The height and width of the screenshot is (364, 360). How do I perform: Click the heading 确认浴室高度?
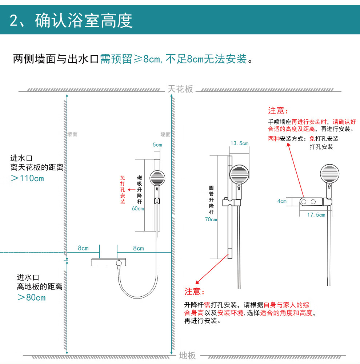[x=84, y=21]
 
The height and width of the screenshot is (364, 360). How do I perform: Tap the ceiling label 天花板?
[x=180, y=89]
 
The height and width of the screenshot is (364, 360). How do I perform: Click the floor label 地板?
[x=187, y=355]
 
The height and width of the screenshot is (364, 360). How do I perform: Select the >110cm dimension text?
[x=27, y=178]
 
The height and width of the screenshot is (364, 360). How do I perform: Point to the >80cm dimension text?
[x=32, y=297]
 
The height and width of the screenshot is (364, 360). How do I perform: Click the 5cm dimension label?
[x=157, y=145]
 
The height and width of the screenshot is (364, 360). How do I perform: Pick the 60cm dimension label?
[x=138, y=209]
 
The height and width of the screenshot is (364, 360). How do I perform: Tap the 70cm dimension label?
[x=211, y=219]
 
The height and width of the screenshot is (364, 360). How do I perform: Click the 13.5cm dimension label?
[x=239, y=143]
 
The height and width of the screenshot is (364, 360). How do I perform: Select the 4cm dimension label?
[x=282, y=201]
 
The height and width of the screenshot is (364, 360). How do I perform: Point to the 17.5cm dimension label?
[x=316, y=215]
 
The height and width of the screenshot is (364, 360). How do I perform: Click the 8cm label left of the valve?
[x=83, y=248]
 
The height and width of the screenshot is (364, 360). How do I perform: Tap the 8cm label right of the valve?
[x=139, y=248]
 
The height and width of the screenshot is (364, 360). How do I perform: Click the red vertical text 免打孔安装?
[x=123, y=190]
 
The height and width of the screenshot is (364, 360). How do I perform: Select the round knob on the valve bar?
[x=119, y=263]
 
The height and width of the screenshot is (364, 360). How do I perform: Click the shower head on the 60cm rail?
[x=157, y=178]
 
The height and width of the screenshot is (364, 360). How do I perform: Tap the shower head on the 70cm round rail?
[x=239, y=174]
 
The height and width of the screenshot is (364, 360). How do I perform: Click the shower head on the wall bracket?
[x=329, y=174]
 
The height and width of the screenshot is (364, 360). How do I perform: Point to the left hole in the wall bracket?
[x=304, y=202]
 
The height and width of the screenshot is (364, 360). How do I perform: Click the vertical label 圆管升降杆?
[x=211, y=199]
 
